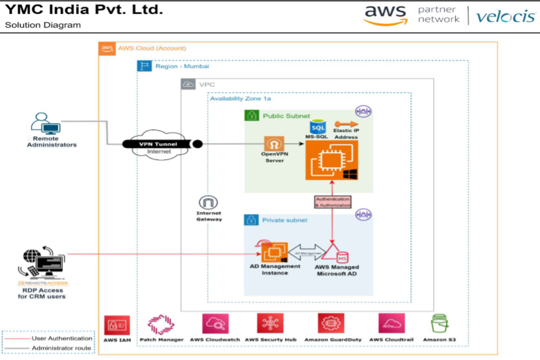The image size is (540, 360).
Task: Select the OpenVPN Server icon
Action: point(273,145)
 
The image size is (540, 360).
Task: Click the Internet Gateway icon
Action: point(209,203)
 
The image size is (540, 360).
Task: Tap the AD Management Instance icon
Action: point(274,252)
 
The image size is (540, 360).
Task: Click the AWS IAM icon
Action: point(116,326)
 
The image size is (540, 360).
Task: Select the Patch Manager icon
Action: point(161,326)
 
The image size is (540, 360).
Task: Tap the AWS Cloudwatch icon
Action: point(215,326)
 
